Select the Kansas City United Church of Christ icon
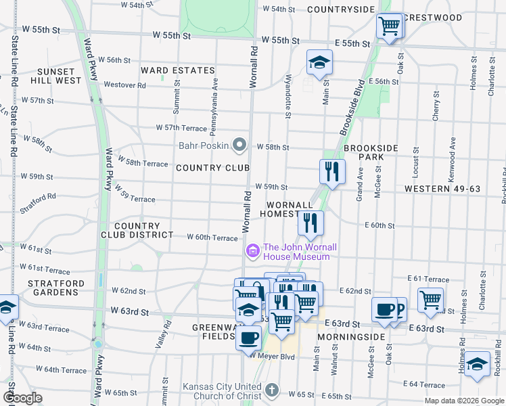pyautogui.click(x=271, y=390)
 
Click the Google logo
pyautogui.click(x=22, y=398)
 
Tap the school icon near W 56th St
pyautogui.click(x=319, y=63)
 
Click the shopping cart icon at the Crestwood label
pyautogui.click(x=389, y=26)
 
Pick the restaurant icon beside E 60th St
pyautogui.click(x=310, y=223)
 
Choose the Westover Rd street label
pyautogui.click(x=124, y=85)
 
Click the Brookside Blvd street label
pyautogui.click(x=351, y=94)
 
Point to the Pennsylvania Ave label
pyautogui.click(x=215, y=96)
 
